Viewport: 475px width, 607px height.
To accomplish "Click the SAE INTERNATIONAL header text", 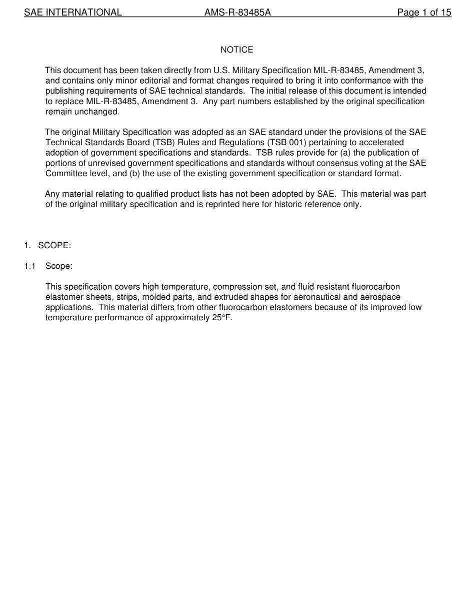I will pos(73,13).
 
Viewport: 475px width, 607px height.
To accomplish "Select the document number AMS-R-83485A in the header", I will pos(237,13).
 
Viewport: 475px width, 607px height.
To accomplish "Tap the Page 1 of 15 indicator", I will pos(424,13).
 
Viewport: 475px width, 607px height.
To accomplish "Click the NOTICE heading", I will pos(237,50).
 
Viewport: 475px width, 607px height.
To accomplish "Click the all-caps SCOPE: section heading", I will pos(54,246).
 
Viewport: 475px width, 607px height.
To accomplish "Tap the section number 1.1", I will pos(29,266).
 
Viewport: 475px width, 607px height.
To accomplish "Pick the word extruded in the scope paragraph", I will pos(231,297).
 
